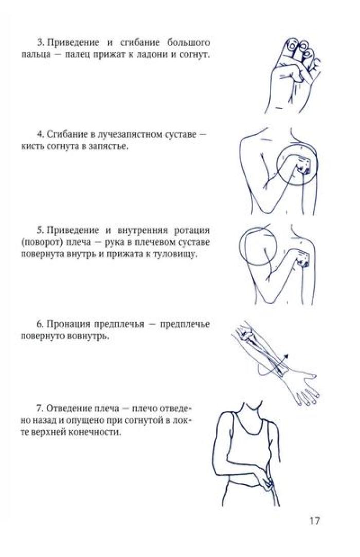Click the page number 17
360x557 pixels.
click(x=315, y=521)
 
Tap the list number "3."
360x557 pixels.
click(x=41, y=43)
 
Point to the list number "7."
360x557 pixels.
click(x=41, y=408)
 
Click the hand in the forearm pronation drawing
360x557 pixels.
click(x=302, y=388)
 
